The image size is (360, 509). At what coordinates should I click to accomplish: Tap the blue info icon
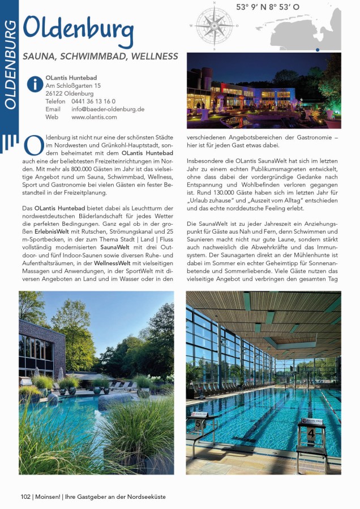[35, 84]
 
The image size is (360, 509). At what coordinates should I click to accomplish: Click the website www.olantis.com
[94, 117]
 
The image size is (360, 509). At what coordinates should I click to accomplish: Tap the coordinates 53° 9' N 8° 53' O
[268, 8]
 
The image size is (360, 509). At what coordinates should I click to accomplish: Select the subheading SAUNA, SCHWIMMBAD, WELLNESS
[100, 57]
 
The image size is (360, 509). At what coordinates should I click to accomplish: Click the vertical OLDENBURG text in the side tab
[10, 65]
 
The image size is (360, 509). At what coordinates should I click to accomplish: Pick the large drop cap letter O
[34, 146]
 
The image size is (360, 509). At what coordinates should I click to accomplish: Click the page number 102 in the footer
[25, 497]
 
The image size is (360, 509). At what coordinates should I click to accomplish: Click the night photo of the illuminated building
[264, 90]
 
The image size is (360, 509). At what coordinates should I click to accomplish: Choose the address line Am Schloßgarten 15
[73, 85]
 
